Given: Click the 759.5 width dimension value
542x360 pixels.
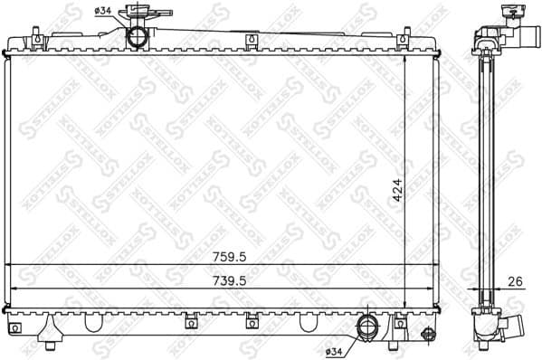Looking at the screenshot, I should [x=221, y=256].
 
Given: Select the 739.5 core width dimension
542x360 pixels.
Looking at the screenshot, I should [x=222, y=279].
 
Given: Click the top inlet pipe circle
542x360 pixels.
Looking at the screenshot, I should [x=138, y=36].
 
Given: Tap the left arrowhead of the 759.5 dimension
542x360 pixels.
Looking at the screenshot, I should [x=11, y=264].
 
